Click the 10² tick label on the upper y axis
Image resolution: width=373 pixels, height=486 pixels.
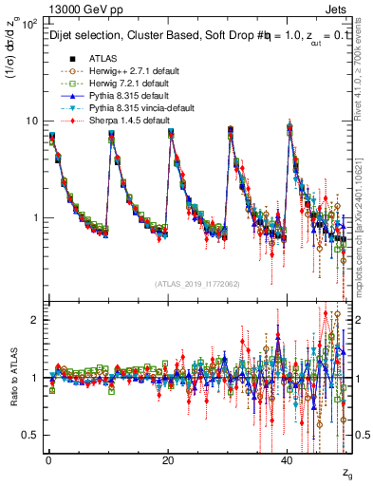point(29,23)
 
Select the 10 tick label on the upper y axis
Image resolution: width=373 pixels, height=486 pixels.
point(31,121)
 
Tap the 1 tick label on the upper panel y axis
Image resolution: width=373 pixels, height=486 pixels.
point(34,218)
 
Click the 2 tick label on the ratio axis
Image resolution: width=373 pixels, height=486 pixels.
point(34,321)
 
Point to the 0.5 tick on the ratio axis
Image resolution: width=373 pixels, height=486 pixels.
point(30,435)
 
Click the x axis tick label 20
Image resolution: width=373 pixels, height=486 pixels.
point(168,459)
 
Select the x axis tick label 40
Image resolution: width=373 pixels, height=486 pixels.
point(287,459)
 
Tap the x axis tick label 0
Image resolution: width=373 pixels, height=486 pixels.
point(48,459)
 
